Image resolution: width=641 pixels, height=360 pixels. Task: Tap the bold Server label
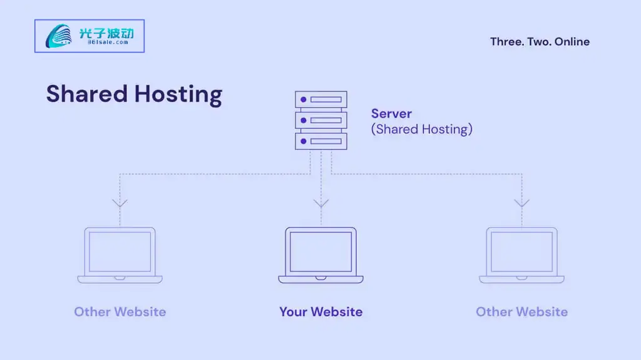pos(391,113)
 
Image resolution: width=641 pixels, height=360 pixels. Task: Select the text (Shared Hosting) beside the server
pos(421,130)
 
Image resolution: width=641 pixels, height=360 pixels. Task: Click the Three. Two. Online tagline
pos(540,42)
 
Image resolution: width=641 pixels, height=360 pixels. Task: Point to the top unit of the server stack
pos(320,100)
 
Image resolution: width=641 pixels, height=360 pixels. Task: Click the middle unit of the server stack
pos(320,120)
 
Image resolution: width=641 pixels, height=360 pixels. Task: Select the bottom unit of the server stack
pos(320,141)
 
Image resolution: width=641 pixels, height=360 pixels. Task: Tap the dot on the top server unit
pos(304,100)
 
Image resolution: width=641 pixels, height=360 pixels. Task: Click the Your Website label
pos(320,312)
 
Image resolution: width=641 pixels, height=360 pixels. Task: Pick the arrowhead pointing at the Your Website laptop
pos(320,203)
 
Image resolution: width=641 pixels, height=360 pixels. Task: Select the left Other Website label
pos(120,312)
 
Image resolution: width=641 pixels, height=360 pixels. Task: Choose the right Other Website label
pos(521,312)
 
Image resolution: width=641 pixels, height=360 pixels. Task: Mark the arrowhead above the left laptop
pos(120,203)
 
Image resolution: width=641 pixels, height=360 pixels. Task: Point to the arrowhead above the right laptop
pos(521,203)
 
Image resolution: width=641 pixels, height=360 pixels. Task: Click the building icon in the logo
pos(59,36)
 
